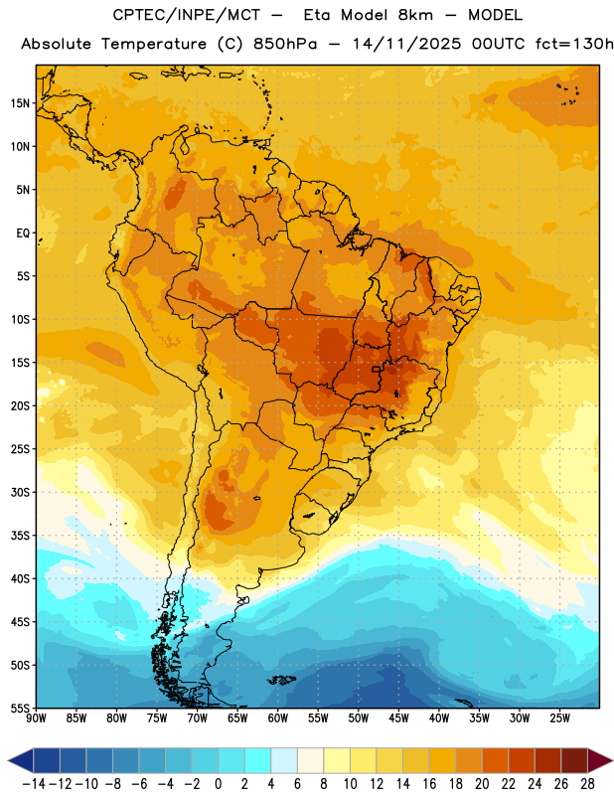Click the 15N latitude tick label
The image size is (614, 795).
pyautogui.click(x=20, y=103)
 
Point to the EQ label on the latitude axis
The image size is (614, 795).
pyautogui.click(x=23, y=234)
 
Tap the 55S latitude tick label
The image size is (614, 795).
pyautogui.click(x=20, y=708)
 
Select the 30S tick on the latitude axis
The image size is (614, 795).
pyautogui.click(x=20, y=492)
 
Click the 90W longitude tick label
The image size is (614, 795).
pyautogui.click(x=36, y=717)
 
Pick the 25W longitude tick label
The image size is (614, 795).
pyautogui.click(x=559, y=717)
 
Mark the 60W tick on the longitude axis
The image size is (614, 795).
pyautogui.click(x=278, y=717)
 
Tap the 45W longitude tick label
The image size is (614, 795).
pyautogui.click(x=399, y=717)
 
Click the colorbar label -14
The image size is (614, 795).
pyautogui.click(x=34, y=784)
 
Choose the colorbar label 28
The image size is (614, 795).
pyautogui.click(x=587, y=784)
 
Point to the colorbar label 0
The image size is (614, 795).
pyautogui.click(x=219, y=784)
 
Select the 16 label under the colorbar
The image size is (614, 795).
pyautogui.click(x=429, y=784)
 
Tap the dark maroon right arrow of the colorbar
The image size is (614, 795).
pyautogui.click(x=600, y=760)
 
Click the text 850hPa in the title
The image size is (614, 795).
pyautogui.click(x=285, y=44)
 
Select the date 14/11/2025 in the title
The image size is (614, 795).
pyautogui.click(x=407, y=44)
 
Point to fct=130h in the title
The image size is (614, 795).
pyautogui.click(x=574, y=44)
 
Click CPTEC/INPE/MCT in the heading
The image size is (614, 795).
pyautogui.click(x=187, y=15)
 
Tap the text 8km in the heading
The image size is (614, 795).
pyautogui.click(x=415, y=15)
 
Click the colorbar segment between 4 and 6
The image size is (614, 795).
pyautogui.click(x=284, y=760)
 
